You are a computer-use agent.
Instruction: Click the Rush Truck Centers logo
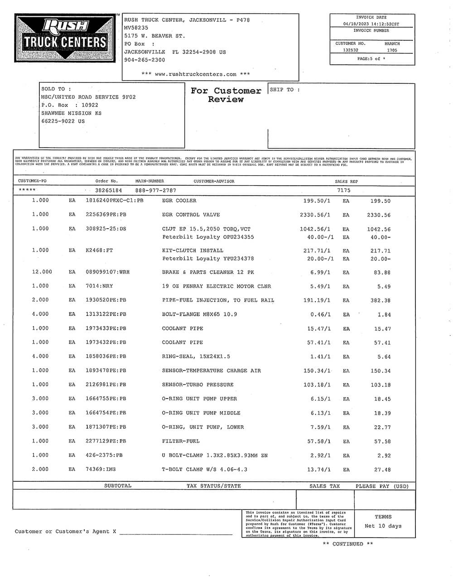[63, 38]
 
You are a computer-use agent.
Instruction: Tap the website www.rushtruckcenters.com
[196, 74]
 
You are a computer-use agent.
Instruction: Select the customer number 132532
[351, 50]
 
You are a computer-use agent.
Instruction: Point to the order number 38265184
[109, 191]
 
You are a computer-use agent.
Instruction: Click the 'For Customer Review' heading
[226, 95]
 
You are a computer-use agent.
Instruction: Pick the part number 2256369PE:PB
[106, 215]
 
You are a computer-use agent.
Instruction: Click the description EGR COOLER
[179, 201]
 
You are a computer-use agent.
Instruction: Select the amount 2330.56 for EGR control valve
[378, 215]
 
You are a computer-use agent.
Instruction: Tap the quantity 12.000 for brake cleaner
[42, 272]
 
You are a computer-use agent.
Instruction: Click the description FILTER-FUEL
[181, 441]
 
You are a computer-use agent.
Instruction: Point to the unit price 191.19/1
[317, 300]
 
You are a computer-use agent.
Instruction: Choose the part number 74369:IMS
[101, 470]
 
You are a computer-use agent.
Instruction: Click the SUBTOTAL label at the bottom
[118, 486]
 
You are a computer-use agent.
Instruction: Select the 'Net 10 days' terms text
[383, 526]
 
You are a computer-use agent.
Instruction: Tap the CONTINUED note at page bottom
[348, 544]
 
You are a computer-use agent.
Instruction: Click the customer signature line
[176, 533]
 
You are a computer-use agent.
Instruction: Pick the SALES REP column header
[346, 182]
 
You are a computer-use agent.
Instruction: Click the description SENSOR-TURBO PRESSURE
[198, 384]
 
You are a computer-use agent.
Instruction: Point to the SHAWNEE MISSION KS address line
[72, 113]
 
